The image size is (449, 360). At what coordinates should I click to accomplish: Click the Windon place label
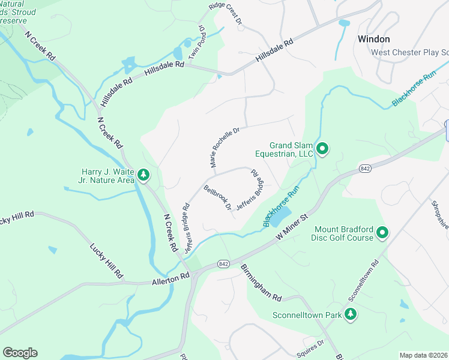(x=373, y=39)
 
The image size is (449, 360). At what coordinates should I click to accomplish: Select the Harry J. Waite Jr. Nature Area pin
(x=143, y=175)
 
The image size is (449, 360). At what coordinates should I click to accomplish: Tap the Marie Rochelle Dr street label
(x=224, y=147)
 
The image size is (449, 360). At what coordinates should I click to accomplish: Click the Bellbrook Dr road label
(x=218, y=197)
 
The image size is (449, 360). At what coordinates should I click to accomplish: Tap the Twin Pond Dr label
(x=197, y=42)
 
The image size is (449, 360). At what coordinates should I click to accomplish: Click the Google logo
(x=20, y=353)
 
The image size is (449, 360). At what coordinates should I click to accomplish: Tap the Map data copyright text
(x=423, y=355)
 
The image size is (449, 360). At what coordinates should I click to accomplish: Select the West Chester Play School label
(x=409, y=52)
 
